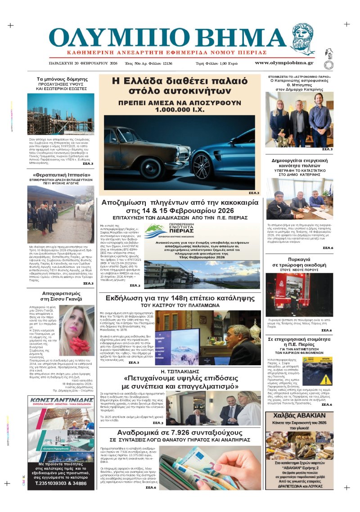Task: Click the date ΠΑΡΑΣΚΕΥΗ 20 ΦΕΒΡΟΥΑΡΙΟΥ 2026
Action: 83,63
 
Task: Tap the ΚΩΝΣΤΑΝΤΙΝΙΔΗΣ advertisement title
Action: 61,402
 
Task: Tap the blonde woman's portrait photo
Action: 77,331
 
